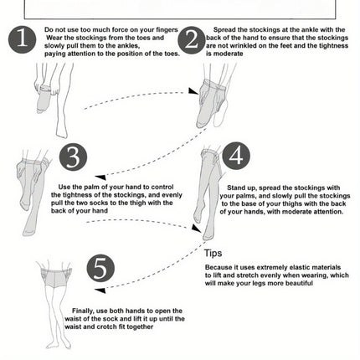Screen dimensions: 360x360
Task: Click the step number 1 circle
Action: [x=23, y=39]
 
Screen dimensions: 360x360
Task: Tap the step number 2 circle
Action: [x=192, y=40]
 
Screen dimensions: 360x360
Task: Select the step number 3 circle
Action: [x=73, y=157]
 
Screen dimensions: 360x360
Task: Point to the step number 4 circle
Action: [x=236, y=156]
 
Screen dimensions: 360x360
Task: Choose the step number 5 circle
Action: [x=100, y=268]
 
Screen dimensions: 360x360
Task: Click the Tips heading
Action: [x=213, y=253]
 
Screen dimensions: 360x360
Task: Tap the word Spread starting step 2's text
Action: [x=225, y=30]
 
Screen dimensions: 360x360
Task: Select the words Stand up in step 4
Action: [x=242, y=188]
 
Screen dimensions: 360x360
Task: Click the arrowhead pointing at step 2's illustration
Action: [x=193, y=91]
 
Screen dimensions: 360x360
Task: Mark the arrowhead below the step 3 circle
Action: [x=100, y=177]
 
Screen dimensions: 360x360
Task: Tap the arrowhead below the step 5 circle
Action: [x=100, y=291]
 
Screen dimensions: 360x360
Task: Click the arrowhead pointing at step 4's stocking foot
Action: [x=196, y=228]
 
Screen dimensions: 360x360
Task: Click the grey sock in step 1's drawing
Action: [x=44, y=100]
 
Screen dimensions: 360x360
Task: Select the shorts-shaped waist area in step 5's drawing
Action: [x=56, y=278]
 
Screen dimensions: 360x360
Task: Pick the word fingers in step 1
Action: [x=167, y=30]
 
